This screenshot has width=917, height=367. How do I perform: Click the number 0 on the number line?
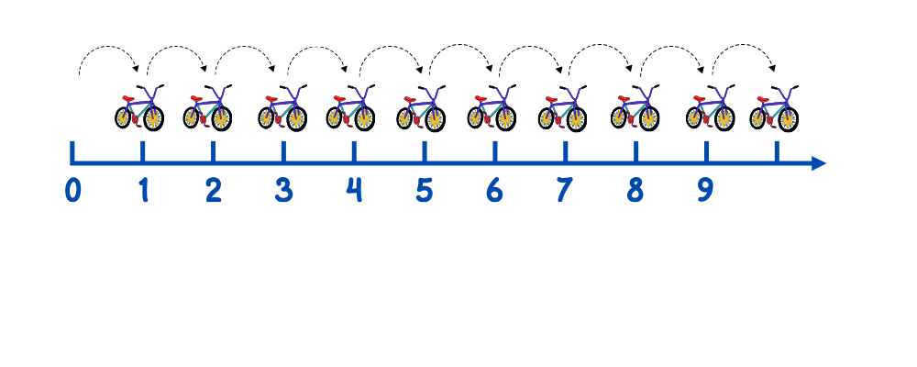73,190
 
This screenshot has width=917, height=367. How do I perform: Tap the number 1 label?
143,190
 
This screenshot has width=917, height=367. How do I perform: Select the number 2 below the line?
213,190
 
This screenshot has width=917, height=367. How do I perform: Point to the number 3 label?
283,190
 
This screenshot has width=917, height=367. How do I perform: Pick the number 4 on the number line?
354,190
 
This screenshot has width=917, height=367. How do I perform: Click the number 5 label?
424,190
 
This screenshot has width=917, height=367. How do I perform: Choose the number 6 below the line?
494,190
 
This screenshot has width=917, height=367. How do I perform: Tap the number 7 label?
564,190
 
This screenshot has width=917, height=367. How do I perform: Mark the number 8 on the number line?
635,190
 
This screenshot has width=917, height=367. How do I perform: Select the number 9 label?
704,190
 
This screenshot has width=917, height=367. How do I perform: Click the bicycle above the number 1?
139,108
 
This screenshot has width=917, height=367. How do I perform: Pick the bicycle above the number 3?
282,108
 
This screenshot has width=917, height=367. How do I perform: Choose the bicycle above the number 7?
561,108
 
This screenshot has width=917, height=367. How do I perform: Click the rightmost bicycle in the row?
774,108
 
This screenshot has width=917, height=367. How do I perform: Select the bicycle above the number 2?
207,108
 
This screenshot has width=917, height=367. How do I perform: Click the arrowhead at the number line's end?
819,163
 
